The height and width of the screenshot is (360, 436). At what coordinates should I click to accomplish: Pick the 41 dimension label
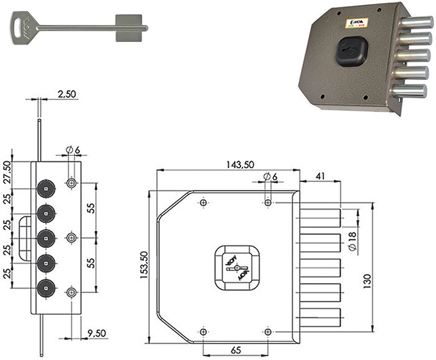[320, 177]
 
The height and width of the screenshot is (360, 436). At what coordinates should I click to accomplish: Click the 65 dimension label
[235, 351]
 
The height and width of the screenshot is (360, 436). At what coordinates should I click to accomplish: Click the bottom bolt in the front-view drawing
[320, 317]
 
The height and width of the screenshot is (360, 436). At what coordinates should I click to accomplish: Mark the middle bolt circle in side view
[47, 238]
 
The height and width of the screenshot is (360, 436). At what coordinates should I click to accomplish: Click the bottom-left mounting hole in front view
[203, 331]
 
